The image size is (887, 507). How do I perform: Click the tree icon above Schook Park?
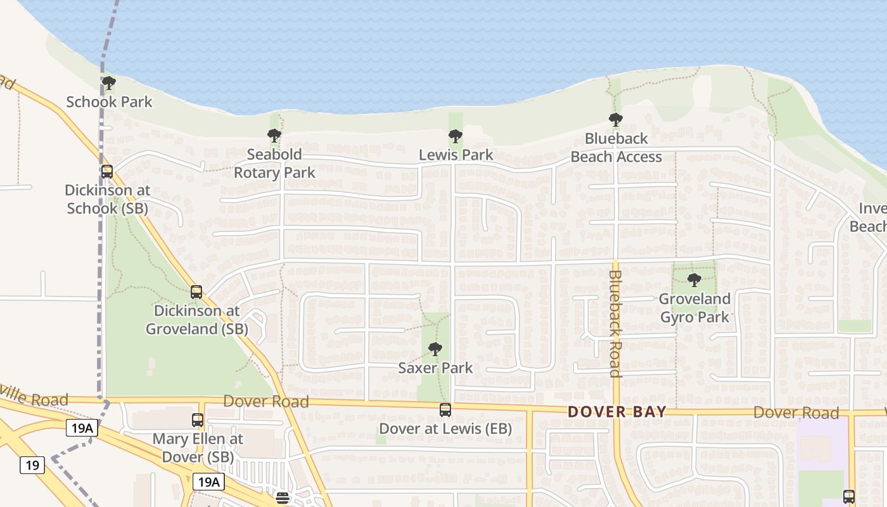point(109,83)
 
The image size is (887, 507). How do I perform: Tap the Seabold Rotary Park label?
point(274,164)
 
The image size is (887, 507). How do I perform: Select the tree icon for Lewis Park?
point(455,136)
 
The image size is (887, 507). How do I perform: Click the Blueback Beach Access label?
point(616,148)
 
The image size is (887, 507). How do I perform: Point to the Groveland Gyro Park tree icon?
point(694,280)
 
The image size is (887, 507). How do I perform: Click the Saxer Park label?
point(435,368)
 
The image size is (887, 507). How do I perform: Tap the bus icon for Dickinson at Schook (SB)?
point(107,172)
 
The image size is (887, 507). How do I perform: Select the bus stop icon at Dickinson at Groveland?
point(196,292)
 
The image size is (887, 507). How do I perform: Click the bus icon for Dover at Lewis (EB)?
point(445,410)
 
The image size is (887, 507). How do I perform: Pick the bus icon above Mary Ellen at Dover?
point(198,420)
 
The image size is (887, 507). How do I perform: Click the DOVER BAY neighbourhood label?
point(617,412)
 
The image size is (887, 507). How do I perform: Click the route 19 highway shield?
point(32,466)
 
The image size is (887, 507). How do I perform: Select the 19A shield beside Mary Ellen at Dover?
point(82,428)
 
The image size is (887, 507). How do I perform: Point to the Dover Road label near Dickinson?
point(266,401)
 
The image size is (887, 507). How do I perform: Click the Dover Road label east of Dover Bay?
point(796,413)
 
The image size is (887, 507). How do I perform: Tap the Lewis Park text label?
point(456,155)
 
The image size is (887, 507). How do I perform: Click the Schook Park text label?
point(109,101)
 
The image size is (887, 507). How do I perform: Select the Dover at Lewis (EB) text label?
point(445,429)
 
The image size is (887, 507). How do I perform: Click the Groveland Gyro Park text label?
point(695,307)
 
